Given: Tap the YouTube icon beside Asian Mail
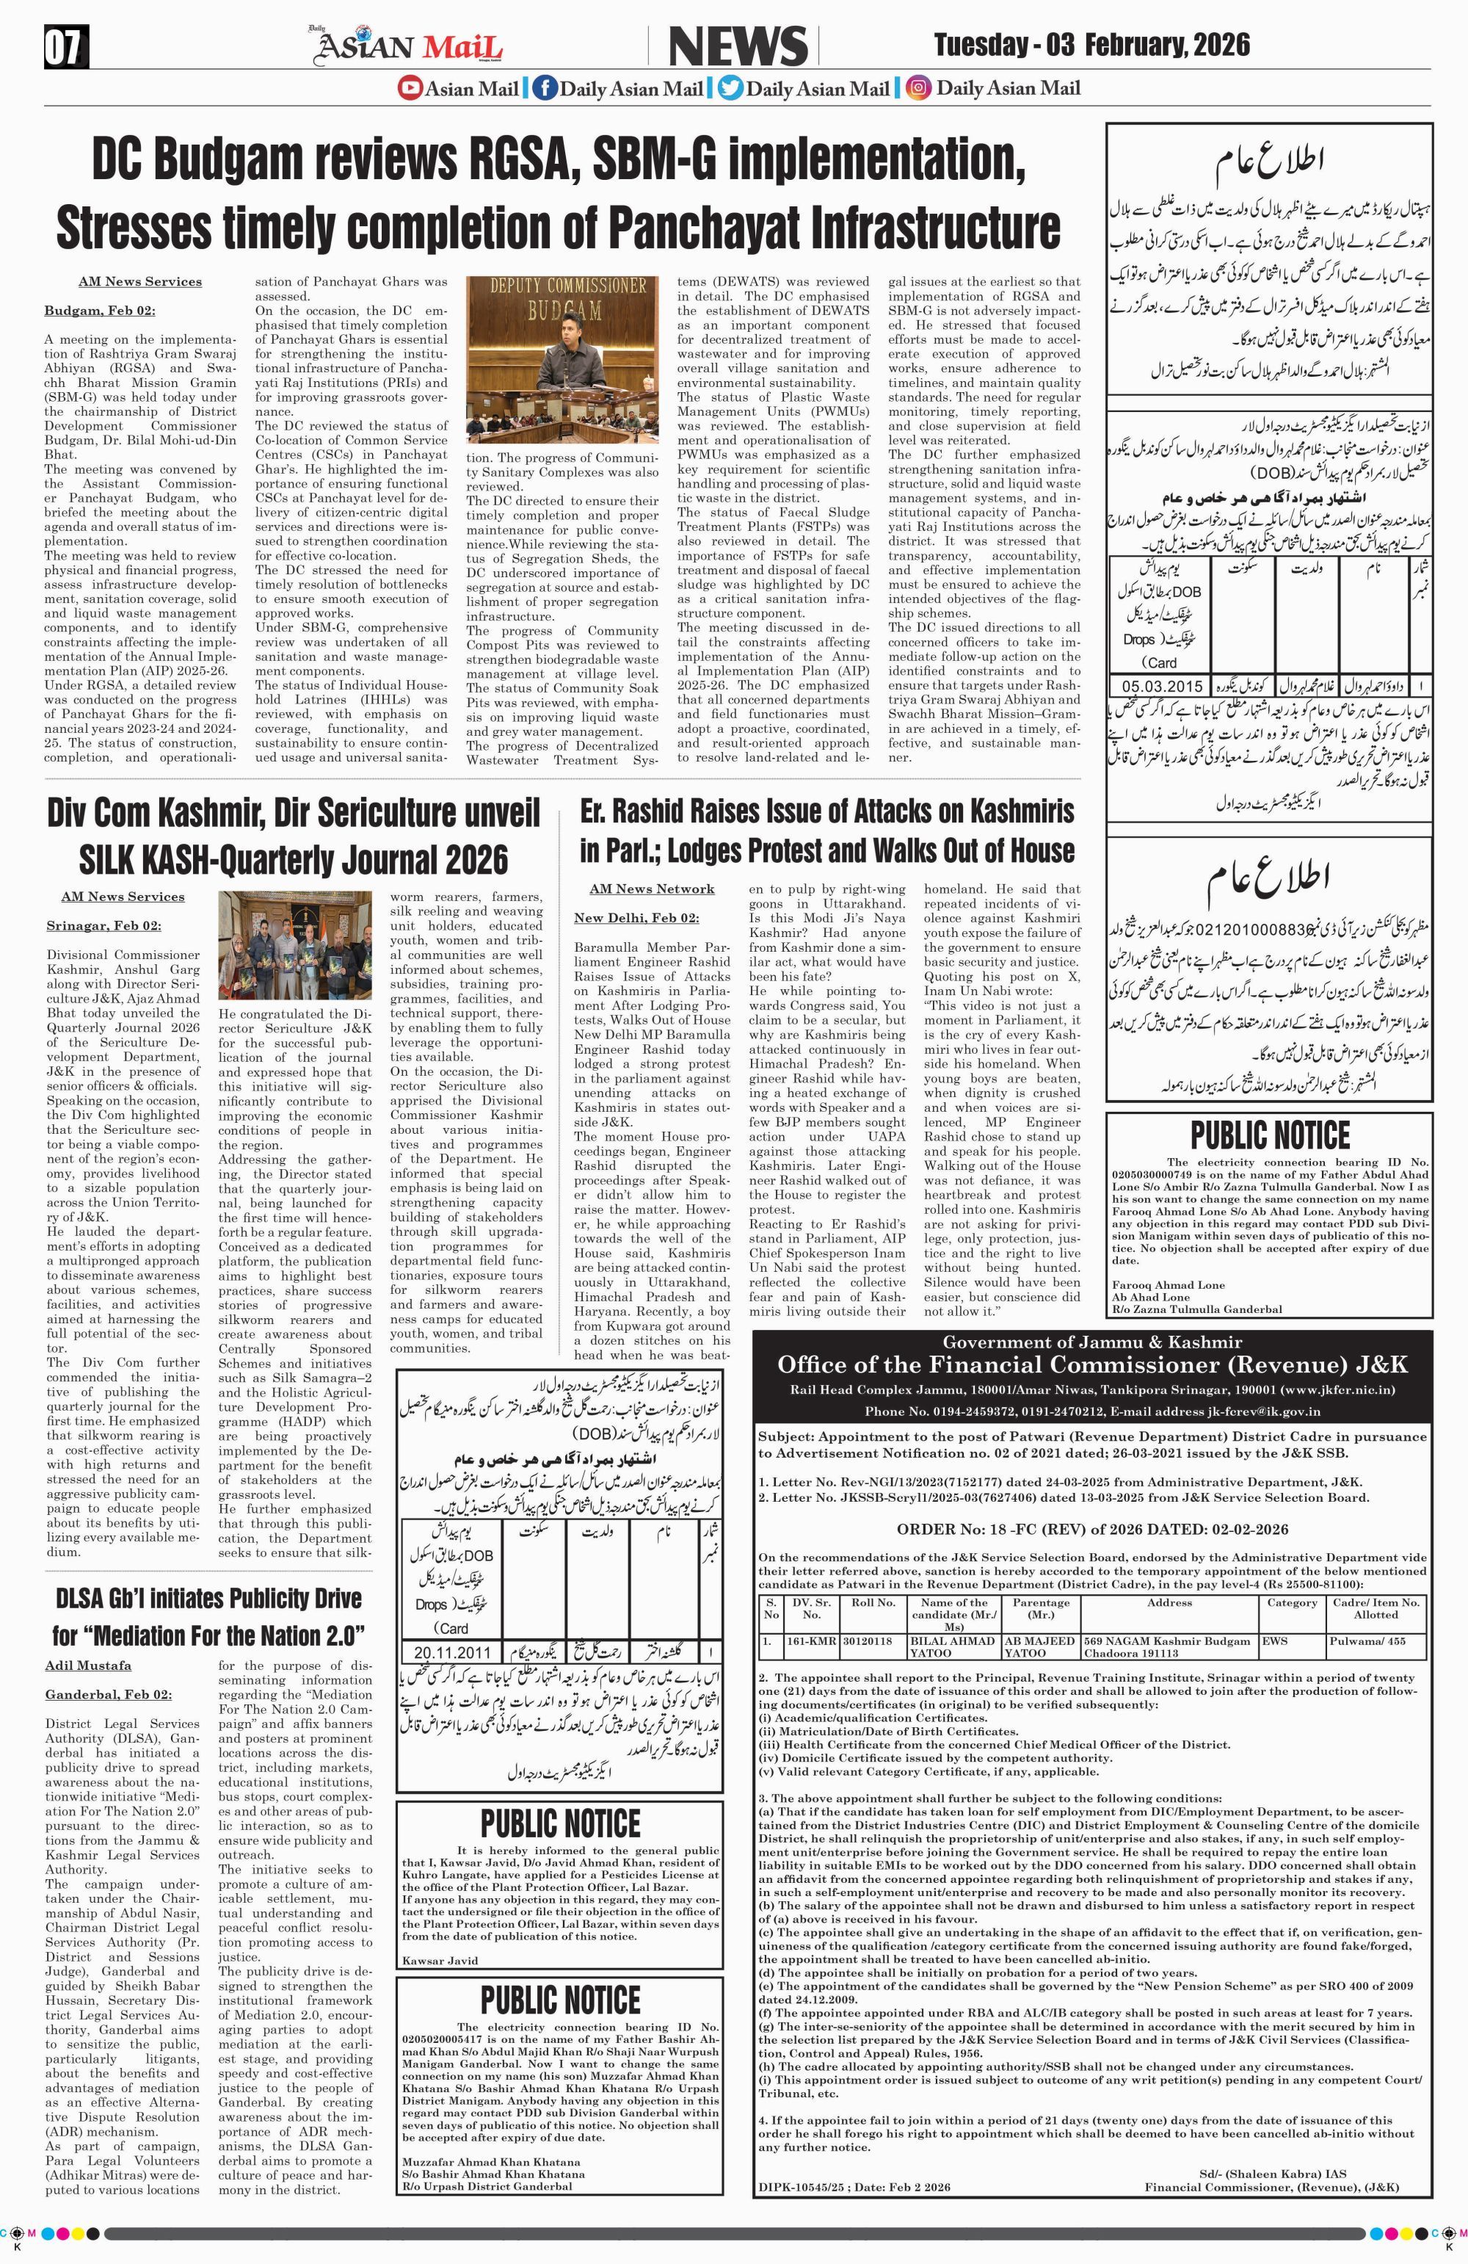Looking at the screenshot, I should tap(410, 88).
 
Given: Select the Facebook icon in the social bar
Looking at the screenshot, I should tap(545, 88).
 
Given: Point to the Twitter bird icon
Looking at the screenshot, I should tap(730, 88).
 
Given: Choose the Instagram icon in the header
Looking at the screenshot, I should tap(918, 88).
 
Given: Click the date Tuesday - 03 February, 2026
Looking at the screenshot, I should tap(1091, 45).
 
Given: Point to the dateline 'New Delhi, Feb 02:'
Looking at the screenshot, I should tap(636, 917).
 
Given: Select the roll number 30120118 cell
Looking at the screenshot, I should tap(873, 1641).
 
